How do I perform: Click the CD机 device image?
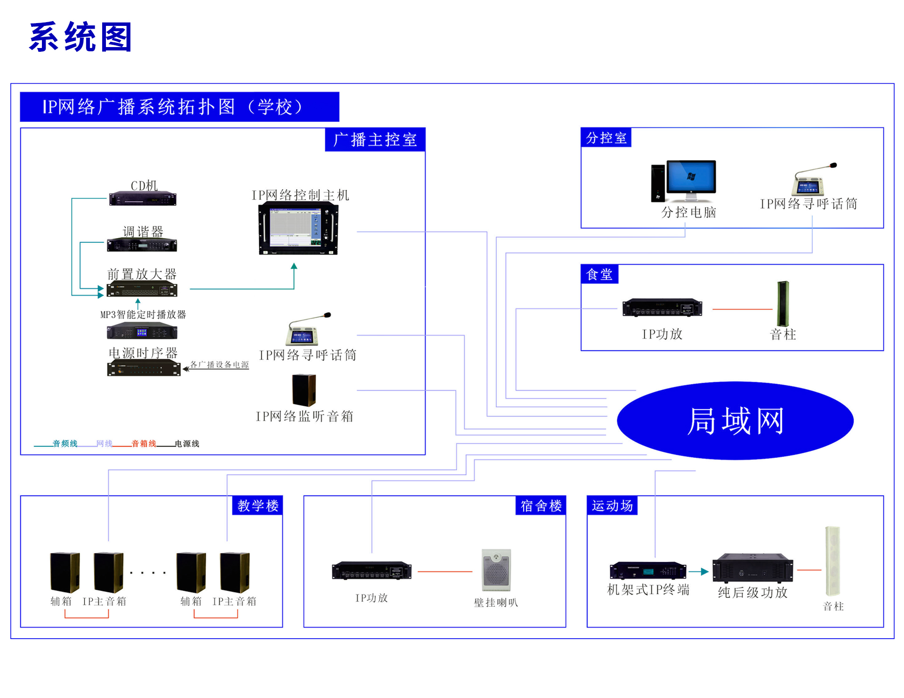coord(143,199)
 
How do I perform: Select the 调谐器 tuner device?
coord(142,245)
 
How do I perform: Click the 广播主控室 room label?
coord(375,140)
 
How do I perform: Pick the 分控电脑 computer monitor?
coord(691,177)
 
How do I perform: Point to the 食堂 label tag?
coord(599,274)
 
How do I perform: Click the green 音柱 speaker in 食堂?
coord(783,304)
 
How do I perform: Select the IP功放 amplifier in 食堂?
coord(662,308)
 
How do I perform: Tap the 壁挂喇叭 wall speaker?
coord(496,570)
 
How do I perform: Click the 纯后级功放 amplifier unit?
coord(752,568)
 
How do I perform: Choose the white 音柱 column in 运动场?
coord(832,561)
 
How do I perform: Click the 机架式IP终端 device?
coord(647,570)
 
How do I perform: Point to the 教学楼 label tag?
coord(258,506)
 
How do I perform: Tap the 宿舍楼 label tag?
coord(541,506)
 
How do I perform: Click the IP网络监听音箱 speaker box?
coord(304,390)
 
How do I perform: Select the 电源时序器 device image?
coord(144,368)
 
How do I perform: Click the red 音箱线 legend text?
coord(144,444)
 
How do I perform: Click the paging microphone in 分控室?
coord(809,181)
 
